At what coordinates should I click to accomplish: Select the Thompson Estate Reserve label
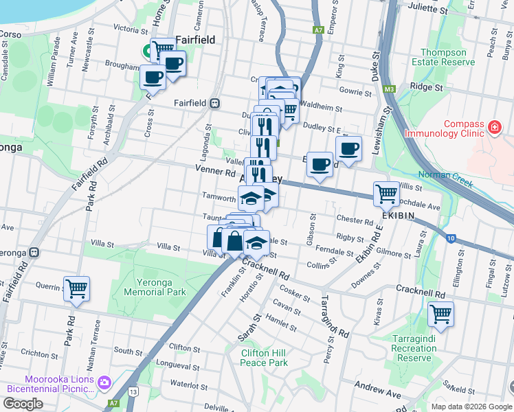pos(447,57)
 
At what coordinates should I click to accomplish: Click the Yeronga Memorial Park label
pos(155,287)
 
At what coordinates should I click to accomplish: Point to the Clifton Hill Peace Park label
pos(264,358)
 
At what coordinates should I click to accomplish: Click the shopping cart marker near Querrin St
pos(76,288)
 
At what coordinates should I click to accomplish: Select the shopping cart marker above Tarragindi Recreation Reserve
pos(440,314)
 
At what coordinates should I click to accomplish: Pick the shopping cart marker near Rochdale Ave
pos(386,193)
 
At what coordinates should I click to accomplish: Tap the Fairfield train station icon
pos(215,103)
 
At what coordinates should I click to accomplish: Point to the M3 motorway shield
pos(390,89)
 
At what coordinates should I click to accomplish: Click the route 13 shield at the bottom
pos(133,391)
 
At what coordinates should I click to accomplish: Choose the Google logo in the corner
pos(23,404)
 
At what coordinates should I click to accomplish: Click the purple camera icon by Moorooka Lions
pos(104,382)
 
